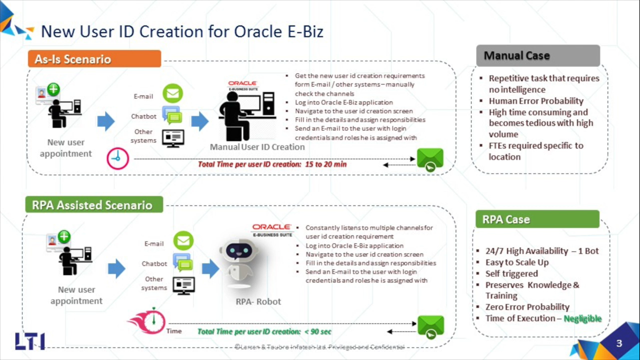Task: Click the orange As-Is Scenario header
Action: pos(95,59)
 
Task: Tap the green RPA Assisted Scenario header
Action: pos(94,205)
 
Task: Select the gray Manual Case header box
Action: pos(538,55)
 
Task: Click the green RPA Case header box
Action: pos(537,219)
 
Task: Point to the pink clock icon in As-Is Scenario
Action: pos(118,158)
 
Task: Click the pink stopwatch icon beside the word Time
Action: pos(148,321)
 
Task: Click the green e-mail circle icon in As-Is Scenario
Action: pos(173,93)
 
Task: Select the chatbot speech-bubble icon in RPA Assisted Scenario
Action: pos(183,262)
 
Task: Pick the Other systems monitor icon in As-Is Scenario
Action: pos(173,139)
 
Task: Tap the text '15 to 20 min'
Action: pos(326,165)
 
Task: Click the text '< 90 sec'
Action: pos(318,332)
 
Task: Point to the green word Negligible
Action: pos(582,318)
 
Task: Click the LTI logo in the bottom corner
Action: pos(30,341)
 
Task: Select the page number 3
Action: pos(619,343)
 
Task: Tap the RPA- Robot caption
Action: pos(258,301)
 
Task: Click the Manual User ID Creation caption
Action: pos(257,147)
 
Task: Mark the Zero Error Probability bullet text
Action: pos(528,307)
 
